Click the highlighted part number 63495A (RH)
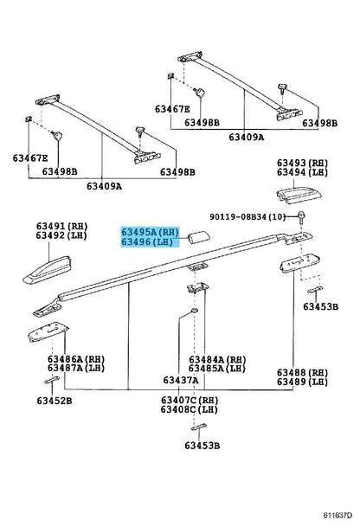tap(150, 232)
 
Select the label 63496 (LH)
tap(147, 241)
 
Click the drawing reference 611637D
tap(337, 515)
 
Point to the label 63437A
tap(181, 380)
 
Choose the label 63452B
tap(55, 401)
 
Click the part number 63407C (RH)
tap(190, 401)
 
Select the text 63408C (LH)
tap(190, 409)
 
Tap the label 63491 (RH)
tap(61, 226)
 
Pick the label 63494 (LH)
tap(302, 172)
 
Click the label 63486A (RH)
tap(76, 359)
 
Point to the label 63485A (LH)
tap(217, 369)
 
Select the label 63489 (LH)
tap(302, 382)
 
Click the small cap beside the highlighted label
tap(199, 237)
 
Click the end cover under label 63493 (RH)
tap(299, 196)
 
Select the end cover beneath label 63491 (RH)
tap(48, 270)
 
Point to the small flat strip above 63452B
tap(52, 380)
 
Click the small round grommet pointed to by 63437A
tap(194, 310)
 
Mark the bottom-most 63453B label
tap(202, 446)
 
